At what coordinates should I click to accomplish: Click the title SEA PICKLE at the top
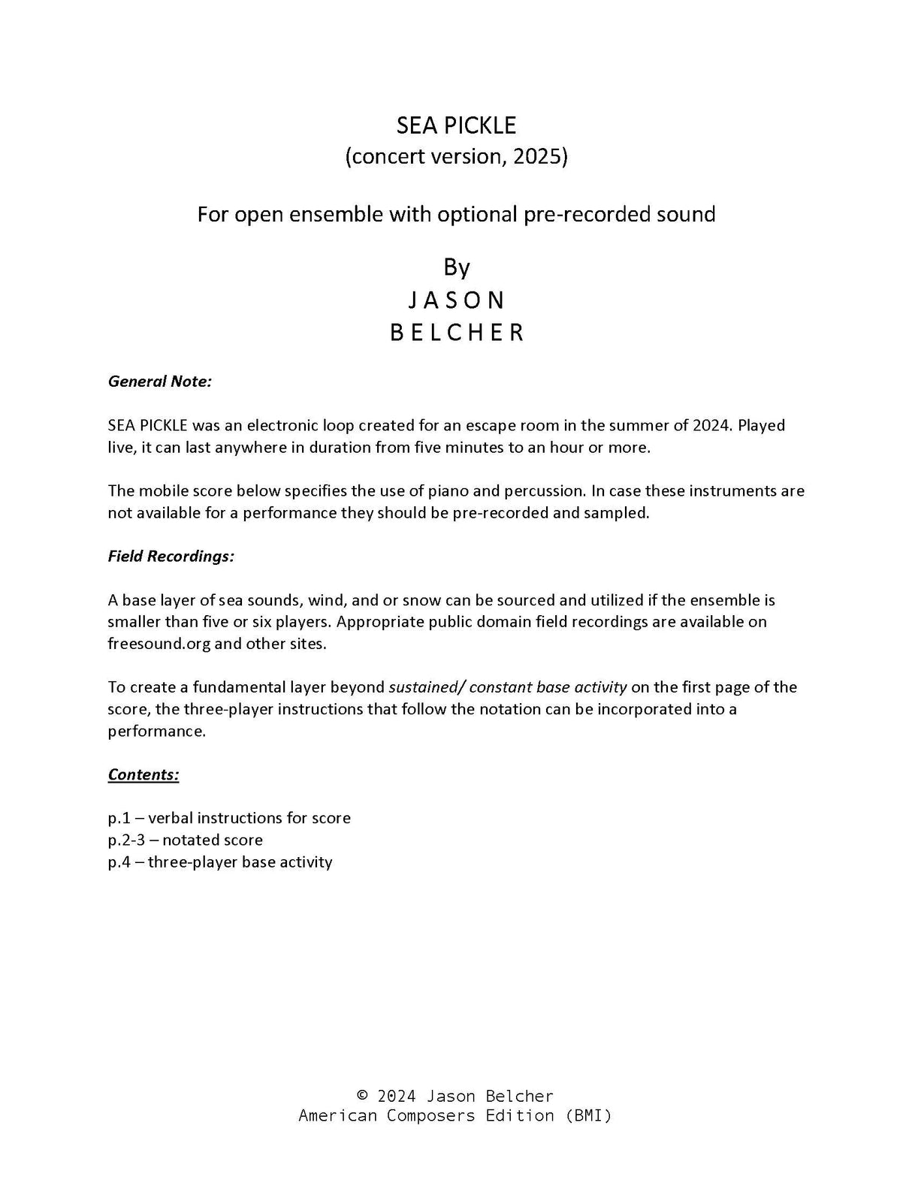coord(456,125)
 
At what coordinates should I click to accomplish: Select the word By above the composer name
coord(456,267)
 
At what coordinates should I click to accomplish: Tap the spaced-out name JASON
coord(456,300)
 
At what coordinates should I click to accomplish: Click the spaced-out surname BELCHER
coord(456,332)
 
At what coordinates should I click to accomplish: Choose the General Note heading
coord(160,381)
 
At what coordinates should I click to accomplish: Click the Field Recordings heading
coord(171,556)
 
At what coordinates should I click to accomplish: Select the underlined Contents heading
coord(143,774)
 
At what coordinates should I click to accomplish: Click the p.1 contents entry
coord(229,817)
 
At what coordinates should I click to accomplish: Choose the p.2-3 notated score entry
coord(186,839)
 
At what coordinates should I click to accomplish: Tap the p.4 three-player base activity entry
coord(220,861)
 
